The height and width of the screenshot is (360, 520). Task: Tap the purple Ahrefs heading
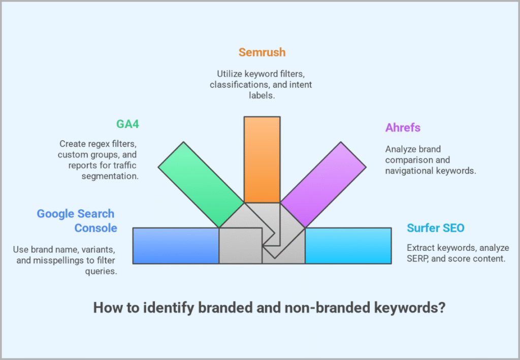[x=402, y=127]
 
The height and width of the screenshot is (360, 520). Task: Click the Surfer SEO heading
[x=435, y=228]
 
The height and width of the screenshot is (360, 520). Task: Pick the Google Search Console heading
[x=77, y=221]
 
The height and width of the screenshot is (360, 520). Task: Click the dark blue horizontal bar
[x=176, y=245]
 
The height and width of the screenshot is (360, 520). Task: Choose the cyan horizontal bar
[x=348, y=245]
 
